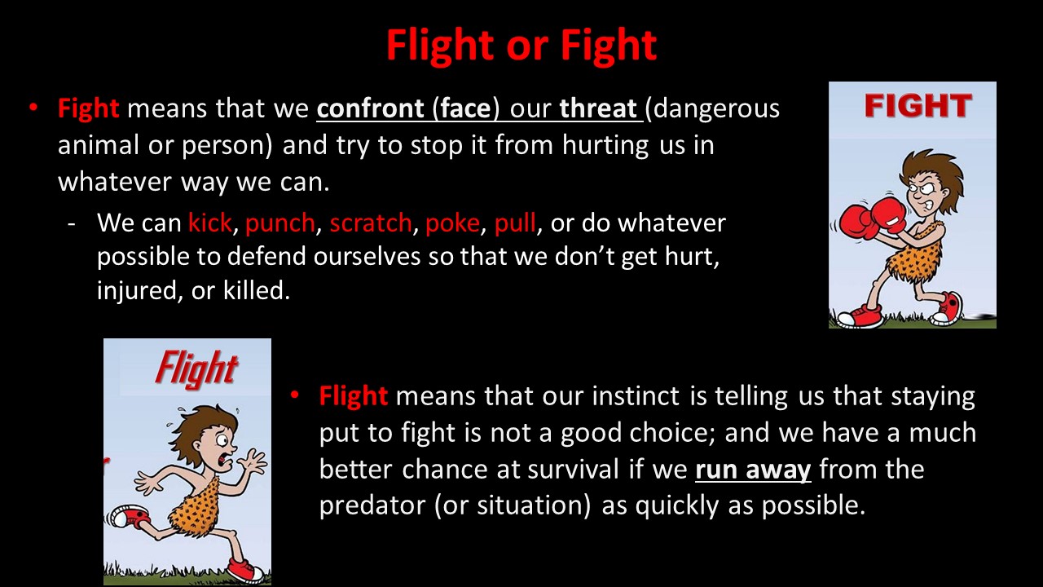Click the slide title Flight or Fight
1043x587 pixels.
click(x=521, y=46)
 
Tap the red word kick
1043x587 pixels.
click(x=210, y=223)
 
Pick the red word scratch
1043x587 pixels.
click(x=371, y=223)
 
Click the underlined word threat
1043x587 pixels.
click(x=598, y=108)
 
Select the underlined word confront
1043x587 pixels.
click(x=370, y=108)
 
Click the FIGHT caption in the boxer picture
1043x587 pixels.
click(x=918, y=106)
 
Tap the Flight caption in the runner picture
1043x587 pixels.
click(x=197, y=369)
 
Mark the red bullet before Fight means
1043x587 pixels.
click(x=33, y=108)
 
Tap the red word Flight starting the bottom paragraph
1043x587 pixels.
click(x=354, y=397)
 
